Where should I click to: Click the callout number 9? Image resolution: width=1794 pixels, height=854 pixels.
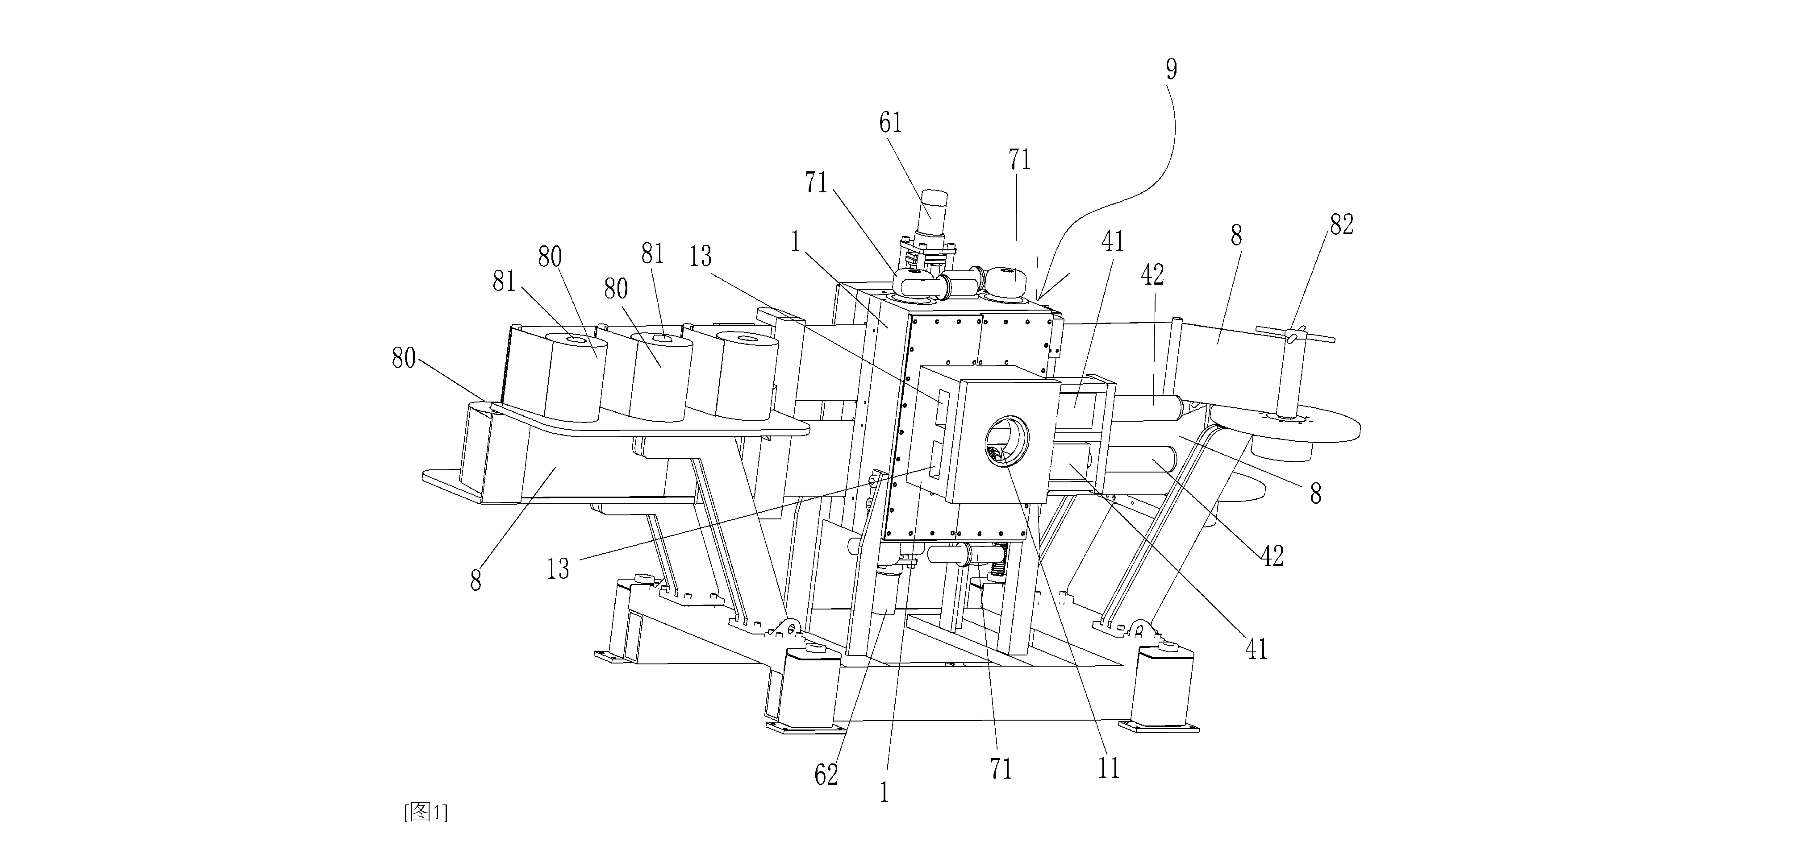point(1172,70)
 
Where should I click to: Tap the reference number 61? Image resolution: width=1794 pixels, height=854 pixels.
point(891,123)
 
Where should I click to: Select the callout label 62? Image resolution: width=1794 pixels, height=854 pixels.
point(826,774)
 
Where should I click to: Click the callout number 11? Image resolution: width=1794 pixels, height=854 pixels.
point(1109,768)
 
